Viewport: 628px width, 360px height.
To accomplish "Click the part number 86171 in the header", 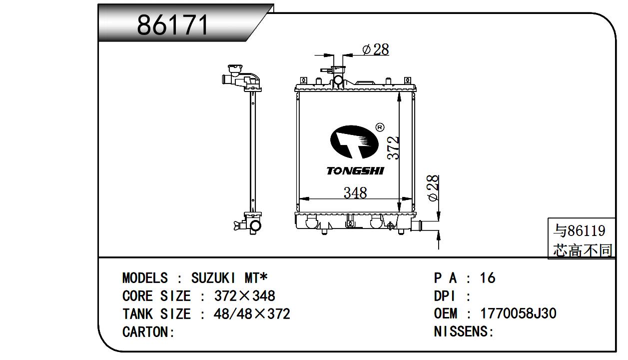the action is (x=172, y=25).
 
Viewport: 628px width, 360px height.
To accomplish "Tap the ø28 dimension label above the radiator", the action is (x=376, y=49).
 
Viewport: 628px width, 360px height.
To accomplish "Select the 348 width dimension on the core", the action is (x=355, y=193).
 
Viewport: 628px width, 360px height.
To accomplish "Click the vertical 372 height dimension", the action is (x=393, y=148).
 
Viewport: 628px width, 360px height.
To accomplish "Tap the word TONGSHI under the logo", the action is (x=355, y=171).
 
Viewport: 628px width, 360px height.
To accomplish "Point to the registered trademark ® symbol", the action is (x=380, y=127).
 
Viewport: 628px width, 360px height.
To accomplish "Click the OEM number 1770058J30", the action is (x=519, y=313).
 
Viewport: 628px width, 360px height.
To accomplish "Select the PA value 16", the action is (x=488, y=278).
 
